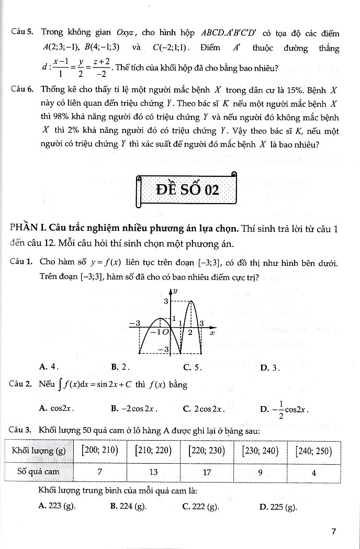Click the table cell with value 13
click(x=153, y=472)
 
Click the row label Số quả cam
click(x=39, y=471)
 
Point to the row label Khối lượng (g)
click(x=39, y=451)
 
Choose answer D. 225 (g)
click(x=278, y=506)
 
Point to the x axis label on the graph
click(x=212, y=332)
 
